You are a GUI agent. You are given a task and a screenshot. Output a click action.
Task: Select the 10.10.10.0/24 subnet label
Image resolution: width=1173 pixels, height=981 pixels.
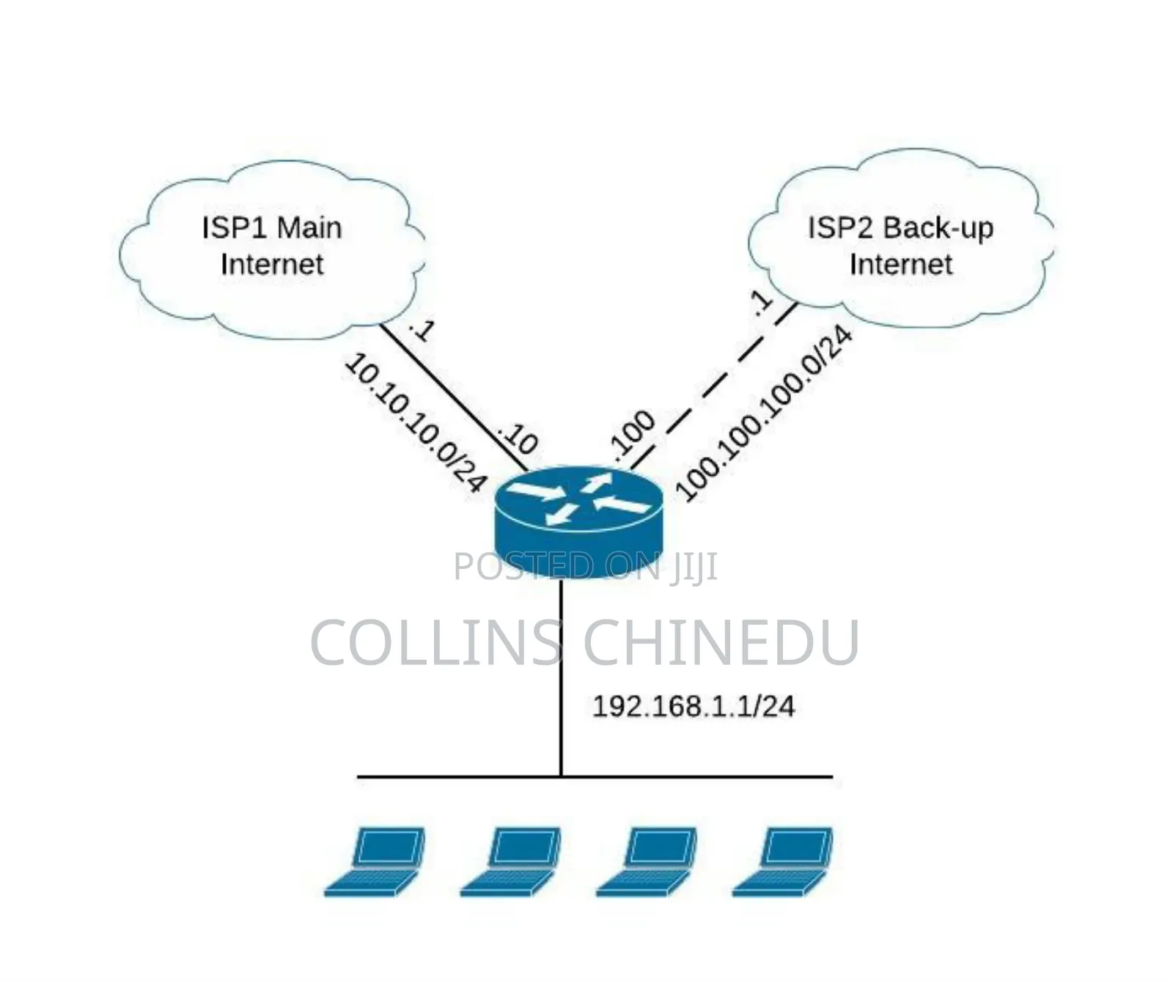tap(415, 422)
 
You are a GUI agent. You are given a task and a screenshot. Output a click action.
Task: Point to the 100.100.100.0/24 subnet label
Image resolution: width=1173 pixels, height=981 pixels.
tap(764, 414)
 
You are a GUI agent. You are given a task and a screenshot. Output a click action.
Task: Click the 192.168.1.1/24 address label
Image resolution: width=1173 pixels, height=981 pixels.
tap(693, 706)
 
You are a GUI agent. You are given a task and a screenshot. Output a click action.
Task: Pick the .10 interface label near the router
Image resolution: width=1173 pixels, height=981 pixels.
tap(518, 438)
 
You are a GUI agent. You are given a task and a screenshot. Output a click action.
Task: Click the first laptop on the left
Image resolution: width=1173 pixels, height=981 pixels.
tap(374, 861)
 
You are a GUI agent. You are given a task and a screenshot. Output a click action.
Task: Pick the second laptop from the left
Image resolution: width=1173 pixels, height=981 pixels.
tap(510, 861)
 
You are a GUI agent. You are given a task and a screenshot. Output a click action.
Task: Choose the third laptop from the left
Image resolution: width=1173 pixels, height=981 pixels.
tap(646, 861)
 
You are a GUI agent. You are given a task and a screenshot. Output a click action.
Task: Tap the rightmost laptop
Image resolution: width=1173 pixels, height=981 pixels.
tap(782, 861)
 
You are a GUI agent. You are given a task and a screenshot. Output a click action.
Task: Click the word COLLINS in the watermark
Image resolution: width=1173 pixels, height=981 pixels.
tap(436, 642)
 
